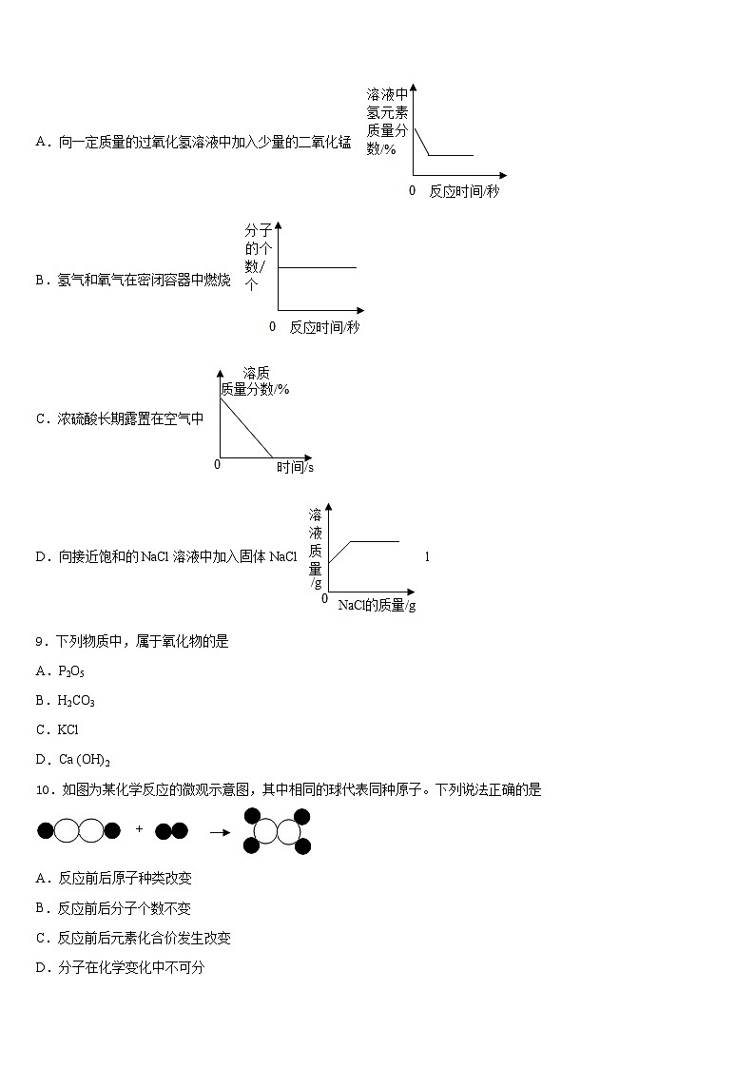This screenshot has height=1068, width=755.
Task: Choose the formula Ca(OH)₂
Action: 85,760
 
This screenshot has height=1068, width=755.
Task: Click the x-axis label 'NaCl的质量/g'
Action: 377,606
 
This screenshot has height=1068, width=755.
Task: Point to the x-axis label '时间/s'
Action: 295,467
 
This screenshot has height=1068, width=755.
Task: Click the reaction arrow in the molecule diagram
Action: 220,831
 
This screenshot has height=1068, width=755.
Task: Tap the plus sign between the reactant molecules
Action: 139,829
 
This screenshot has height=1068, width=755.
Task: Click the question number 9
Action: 40,642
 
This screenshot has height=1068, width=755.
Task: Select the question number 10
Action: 44,790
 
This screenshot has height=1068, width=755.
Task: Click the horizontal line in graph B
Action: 317,268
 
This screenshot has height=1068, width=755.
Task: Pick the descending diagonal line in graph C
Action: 246,427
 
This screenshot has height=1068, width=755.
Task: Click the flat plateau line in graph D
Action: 375,541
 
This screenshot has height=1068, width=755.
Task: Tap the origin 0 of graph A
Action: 412,190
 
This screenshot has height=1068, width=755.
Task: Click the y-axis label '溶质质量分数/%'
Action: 255,381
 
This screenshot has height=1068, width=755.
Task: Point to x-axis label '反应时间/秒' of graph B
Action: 324,327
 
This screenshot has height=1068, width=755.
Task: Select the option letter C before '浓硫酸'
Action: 41,418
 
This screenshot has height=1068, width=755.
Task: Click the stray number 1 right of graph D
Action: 427,556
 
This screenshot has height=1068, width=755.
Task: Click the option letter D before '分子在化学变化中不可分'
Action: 41,968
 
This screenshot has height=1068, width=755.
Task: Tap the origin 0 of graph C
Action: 217,464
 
